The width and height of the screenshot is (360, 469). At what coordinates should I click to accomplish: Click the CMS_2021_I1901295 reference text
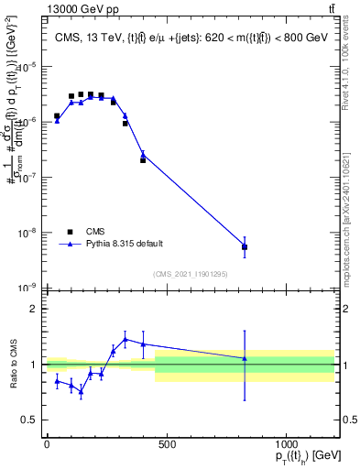pos(191,273)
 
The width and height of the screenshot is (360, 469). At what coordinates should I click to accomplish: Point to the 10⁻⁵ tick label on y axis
pos(28,66)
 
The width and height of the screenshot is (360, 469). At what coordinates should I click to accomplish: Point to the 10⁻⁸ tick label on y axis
pos(28,232)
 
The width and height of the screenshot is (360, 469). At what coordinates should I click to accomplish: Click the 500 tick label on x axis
pos(166,444)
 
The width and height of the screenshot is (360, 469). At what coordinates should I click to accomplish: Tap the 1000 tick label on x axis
pos(286,444)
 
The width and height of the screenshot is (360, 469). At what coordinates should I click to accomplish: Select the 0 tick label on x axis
pos(47,444)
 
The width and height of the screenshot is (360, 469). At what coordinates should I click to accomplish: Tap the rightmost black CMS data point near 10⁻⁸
pos(245,247)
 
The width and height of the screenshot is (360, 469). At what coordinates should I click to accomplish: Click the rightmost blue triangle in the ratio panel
pos(245,358)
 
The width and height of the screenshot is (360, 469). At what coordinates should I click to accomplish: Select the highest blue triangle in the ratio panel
pos(125,339)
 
